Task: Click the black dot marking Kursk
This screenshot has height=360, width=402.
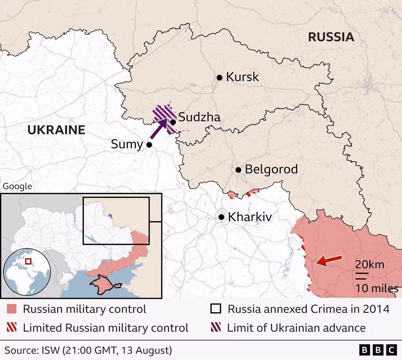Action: click(x=219, y=77)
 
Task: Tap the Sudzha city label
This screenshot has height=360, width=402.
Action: click(x=199, y=117)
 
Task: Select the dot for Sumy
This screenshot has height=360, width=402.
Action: click(x=149, y=145)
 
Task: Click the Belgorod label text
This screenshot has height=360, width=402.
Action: click(x=271, y=170)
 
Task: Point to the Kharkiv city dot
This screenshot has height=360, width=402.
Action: click(x=221, y=217)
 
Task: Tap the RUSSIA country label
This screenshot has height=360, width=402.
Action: click(x=331, y=37)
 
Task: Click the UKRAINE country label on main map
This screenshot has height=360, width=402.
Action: click(x=56, y=130)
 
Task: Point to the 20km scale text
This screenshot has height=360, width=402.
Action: click(x=369, y=264)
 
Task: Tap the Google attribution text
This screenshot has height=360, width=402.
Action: click(x=17, y=186)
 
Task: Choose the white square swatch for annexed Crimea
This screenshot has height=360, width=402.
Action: click(x=216, y=309)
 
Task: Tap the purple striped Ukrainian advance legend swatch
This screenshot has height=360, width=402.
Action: click(x=216, y=328)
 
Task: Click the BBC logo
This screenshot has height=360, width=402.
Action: click(x=377, y=349)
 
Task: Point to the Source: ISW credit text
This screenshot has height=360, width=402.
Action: click(x=88, y=349)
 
